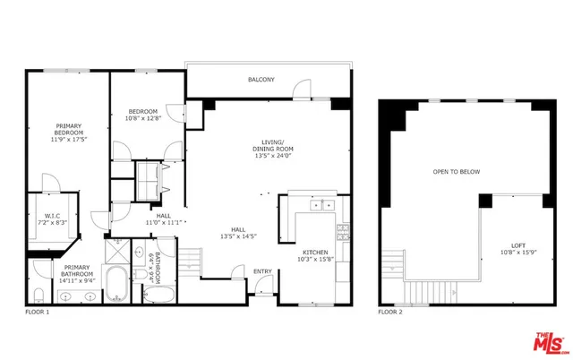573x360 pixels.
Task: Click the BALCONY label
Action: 261,81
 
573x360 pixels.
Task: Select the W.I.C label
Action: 47,216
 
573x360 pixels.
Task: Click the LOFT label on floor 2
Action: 518,245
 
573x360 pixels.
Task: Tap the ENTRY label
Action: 263,272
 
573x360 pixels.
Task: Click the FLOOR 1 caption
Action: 37,313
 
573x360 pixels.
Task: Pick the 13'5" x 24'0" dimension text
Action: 273,154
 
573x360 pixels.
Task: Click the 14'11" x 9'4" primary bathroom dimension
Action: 76,280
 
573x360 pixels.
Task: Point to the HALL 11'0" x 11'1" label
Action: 164,219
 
